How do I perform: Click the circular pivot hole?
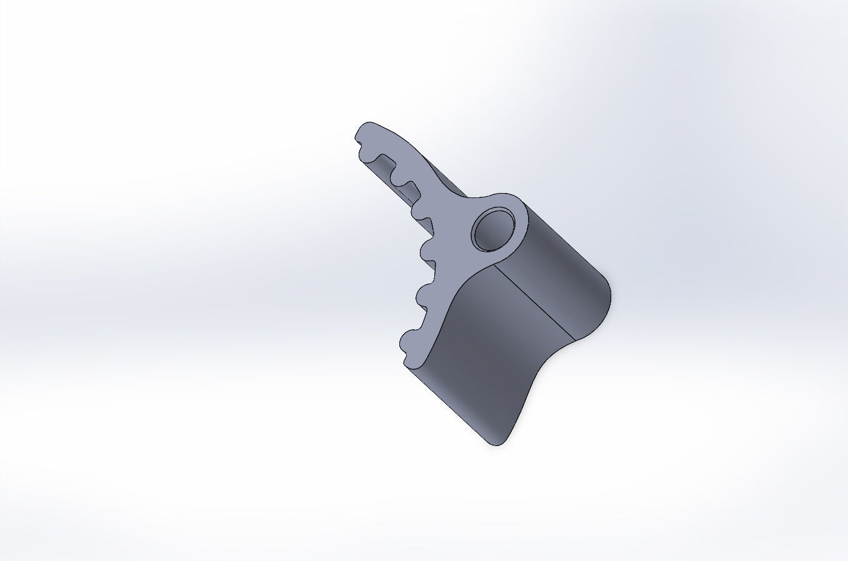493,229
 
